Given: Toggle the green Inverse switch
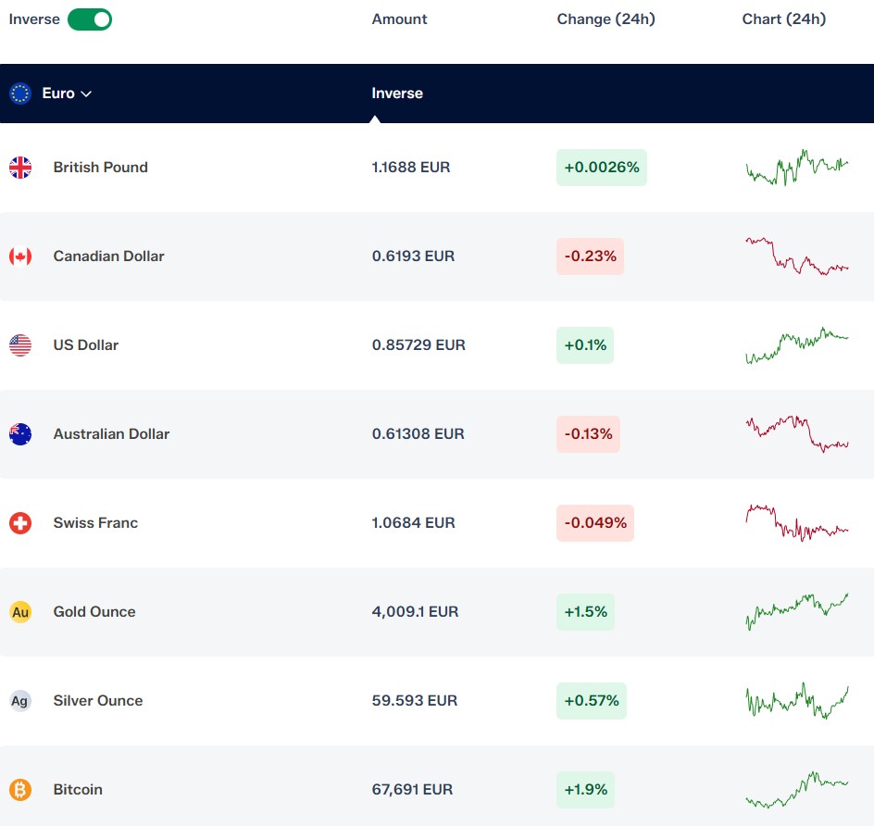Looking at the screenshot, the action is tap(90, 19).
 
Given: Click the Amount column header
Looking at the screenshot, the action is tap(399, 19).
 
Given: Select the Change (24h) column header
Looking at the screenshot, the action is tap(606, 19).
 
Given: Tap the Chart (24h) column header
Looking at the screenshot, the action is tap(783, 19).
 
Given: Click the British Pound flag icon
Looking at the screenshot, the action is tap(20, 168).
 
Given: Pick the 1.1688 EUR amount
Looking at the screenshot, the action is tap(411, 168).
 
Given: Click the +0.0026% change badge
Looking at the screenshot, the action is tap(602, 168).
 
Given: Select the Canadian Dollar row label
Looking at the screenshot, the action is tap(108, 256).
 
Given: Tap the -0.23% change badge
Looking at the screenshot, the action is tap(590, 257).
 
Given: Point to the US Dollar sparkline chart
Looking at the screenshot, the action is tap(797, 345).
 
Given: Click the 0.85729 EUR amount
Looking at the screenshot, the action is tap(418, 345).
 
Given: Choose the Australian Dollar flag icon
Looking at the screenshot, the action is tap(20, 434).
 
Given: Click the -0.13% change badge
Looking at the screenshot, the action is tap(588, 434).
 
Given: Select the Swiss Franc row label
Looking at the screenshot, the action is tap(95, 523).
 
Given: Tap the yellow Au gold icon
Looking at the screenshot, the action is tap(20, 612).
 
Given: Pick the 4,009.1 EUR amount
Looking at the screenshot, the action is tap(416, 611).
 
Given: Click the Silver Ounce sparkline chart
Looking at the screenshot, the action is tap(797, 701).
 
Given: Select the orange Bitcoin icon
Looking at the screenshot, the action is tap(20, 790).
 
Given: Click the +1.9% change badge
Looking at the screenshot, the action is tap(585, 790).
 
